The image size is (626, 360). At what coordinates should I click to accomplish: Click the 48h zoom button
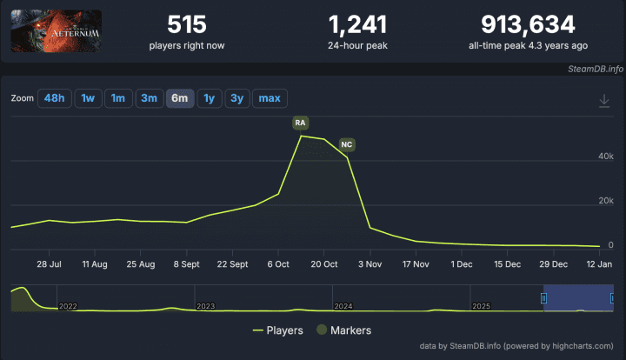point(54,98)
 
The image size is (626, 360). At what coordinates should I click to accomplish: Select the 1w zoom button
point(88,98)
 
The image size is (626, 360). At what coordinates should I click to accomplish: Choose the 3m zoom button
point(149,98)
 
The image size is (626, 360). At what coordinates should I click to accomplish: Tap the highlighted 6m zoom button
point(180,98)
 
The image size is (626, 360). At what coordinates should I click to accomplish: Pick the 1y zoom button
point(209,98)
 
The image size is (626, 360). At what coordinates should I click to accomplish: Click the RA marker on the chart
point(301,123)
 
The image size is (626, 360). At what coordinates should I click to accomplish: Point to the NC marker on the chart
point(347,143)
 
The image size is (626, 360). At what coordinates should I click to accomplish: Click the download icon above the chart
point(604,101)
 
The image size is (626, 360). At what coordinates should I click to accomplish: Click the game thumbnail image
point(56,31)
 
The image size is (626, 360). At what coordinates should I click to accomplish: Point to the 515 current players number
point(186,24)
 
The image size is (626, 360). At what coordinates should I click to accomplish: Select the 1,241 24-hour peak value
point(358,24)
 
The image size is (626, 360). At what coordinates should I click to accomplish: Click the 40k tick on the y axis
point(605,155)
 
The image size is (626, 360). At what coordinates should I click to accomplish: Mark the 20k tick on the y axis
point(605,201)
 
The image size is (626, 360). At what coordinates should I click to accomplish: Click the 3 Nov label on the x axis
point(370,263)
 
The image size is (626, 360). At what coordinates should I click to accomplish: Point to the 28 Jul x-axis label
point(50,263)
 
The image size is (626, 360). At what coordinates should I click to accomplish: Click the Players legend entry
point(278,330)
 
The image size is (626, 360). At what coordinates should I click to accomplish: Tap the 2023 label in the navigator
point(206,306)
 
